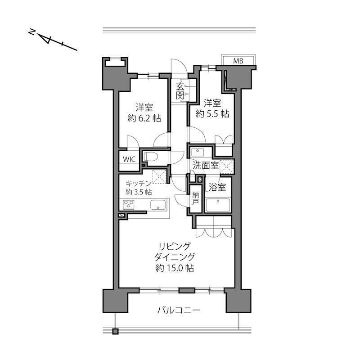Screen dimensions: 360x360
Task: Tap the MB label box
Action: pyautogui.click(x=238, y=61)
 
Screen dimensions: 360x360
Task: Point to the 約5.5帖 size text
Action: pyautogui.click(x=212, y=113)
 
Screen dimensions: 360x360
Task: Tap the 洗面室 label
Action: pyautogui.click(x=206, y=165)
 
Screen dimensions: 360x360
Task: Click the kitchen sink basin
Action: pyautogui.click(x=158, y=205)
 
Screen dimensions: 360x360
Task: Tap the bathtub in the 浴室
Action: pyautogui.click(x=218, y=205)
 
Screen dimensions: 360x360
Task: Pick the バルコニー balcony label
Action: pyautogui.click(x=179, y=310)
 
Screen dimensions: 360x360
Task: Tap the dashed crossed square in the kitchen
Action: pyautogui.click(x=158, y=176)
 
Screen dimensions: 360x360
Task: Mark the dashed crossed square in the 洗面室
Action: pyautogui.click(x=227, y=166)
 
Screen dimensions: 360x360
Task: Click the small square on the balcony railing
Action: pyautogui.click(x=115, y=332)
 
